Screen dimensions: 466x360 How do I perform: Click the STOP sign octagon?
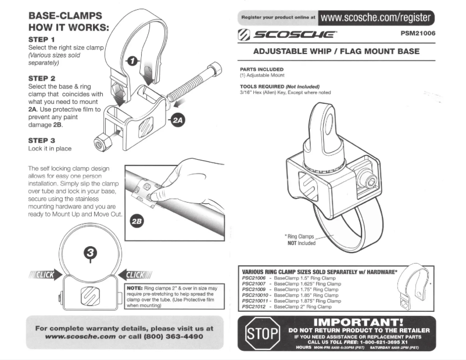coord(263,333)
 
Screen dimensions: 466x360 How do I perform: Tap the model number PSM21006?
coord(418,33)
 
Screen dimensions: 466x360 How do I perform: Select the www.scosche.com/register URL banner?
coord(376,17)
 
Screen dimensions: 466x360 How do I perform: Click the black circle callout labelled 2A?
coord(178,120)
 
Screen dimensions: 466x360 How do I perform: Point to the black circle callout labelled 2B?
coord(137,222)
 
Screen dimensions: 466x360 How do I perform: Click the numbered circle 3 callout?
coord(91,253)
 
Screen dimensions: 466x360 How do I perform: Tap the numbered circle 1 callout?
coord(132,61)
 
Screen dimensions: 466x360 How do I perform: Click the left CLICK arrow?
coord(45,275)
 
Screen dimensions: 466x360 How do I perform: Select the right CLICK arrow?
coord(135,275)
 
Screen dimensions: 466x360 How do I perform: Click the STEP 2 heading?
coord(42,78)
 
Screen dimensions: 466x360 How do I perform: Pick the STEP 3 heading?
coord(42,141)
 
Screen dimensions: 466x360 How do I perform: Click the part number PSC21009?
coord(254,289)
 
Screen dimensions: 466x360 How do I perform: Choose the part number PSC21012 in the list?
coord(254,307)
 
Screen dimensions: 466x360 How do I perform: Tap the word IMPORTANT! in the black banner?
coord(359,322)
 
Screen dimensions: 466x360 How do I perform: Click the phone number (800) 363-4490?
coord(174,337)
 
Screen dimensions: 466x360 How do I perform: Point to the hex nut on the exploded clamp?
coord(102,144)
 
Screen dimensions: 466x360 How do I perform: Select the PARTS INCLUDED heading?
coord(262,69)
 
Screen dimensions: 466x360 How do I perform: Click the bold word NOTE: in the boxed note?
coord(135,288)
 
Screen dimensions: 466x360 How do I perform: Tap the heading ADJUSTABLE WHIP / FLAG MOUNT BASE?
coord(336,51)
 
